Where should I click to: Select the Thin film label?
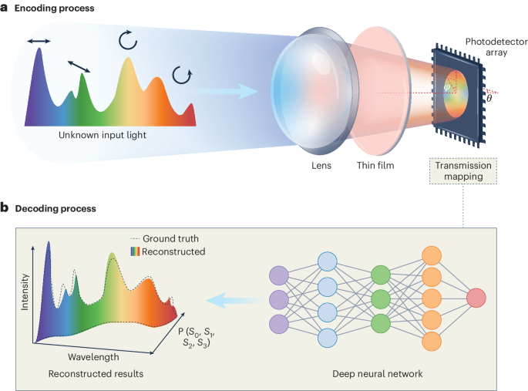[x=376, y=163]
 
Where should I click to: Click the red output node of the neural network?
[x=476, y=298]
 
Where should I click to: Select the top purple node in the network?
[x=279, y=275]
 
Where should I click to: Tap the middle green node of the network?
[x=381, y=298]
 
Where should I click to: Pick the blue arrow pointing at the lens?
[x=234, y=93]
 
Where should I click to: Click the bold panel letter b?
[x=5, y=207]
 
